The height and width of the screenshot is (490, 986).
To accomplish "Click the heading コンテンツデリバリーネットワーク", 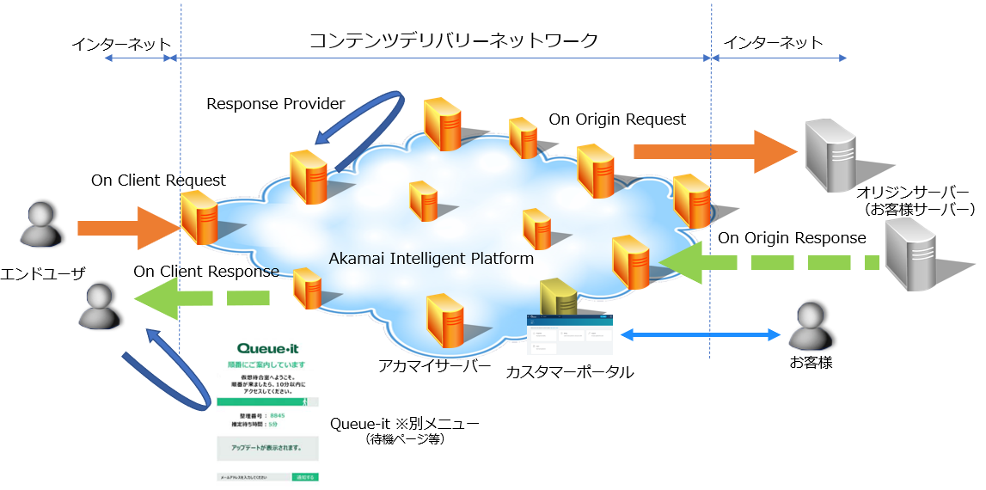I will [453, 40].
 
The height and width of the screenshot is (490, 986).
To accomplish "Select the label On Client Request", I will [158, 181].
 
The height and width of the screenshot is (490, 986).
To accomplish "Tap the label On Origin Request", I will [617, 119].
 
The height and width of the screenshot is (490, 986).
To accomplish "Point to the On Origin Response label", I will [792, 238].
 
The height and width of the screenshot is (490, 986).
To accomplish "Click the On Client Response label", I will [206, 272].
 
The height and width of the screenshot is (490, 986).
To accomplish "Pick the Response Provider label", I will [275, 104].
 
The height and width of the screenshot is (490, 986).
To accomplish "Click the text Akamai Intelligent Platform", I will [432, 258].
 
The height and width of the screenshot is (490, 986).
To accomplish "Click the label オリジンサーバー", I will [913, 191].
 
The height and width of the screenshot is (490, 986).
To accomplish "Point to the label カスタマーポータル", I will [569, 372].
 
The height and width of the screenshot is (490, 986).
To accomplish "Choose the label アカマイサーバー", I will [434, 366].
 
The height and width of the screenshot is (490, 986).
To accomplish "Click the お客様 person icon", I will [811, 326].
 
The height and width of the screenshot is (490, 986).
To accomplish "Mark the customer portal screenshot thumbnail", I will [569, 334].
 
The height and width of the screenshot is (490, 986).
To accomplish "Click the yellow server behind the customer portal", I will [557, 297].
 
